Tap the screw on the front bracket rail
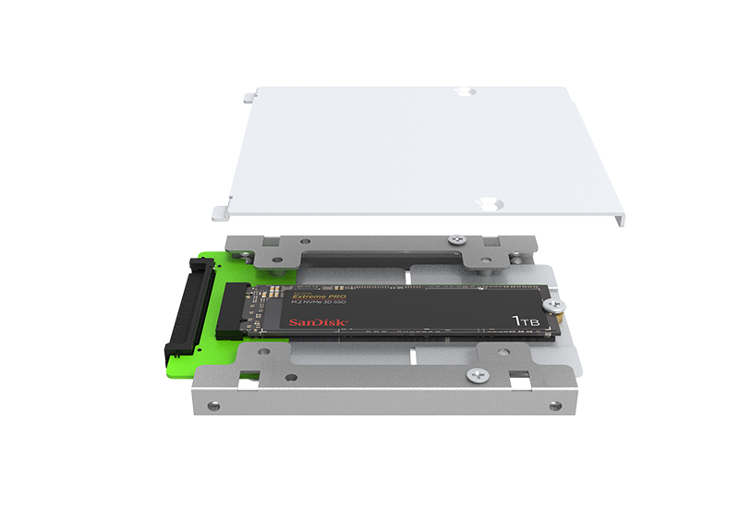[477, 374]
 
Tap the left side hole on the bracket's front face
[215, 405]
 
